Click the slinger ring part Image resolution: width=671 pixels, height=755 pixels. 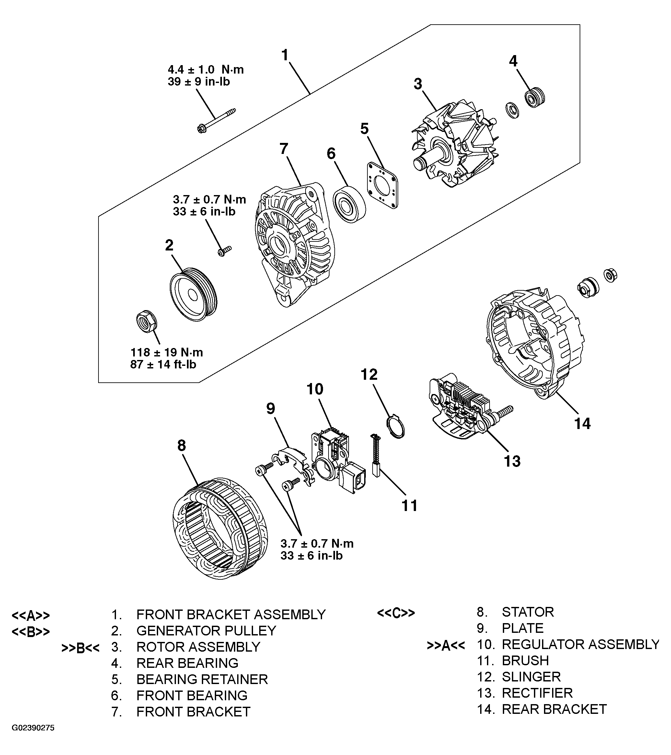[x=396, y=427]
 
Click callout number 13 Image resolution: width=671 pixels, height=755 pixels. [x=512, y=461]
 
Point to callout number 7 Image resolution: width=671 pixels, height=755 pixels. [x=283, y=148]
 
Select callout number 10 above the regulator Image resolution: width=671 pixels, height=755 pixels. [x=315, y=389]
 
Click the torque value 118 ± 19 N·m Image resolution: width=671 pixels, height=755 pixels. [x=167, y=352]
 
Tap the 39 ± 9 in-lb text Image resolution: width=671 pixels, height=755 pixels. [x=199, y=81]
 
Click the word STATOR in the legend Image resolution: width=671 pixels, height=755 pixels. [x=527, y=612]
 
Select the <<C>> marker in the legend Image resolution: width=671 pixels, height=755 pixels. [x=396, y=613]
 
